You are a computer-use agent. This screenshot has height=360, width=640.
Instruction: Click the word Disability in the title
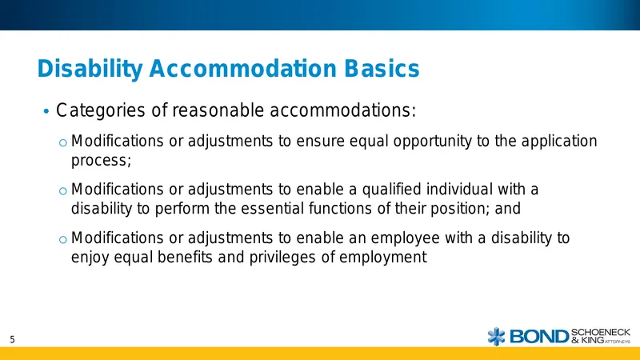point(90,69)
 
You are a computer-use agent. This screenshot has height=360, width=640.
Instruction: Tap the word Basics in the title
point(382,68)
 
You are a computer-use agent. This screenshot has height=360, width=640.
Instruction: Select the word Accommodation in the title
point(243,68)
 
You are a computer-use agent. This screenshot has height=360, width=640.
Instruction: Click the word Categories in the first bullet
point(101,110)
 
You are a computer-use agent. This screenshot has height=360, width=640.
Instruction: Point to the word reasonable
point(218,110)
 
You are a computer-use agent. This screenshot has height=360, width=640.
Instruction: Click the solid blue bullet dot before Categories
point(46,111)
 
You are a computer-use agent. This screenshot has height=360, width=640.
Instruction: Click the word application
point(559,142)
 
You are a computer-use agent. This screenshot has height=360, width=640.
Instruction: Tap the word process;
point(102,161)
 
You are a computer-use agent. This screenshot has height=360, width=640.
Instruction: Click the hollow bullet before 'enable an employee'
point(62,239)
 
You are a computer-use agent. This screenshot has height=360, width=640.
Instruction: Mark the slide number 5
point(12,339)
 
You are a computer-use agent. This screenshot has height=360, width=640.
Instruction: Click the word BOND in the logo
point(538,337)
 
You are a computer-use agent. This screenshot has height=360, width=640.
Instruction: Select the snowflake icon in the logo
point(496,336)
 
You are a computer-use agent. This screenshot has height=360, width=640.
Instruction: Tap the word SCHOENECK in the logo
point(601,332)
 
